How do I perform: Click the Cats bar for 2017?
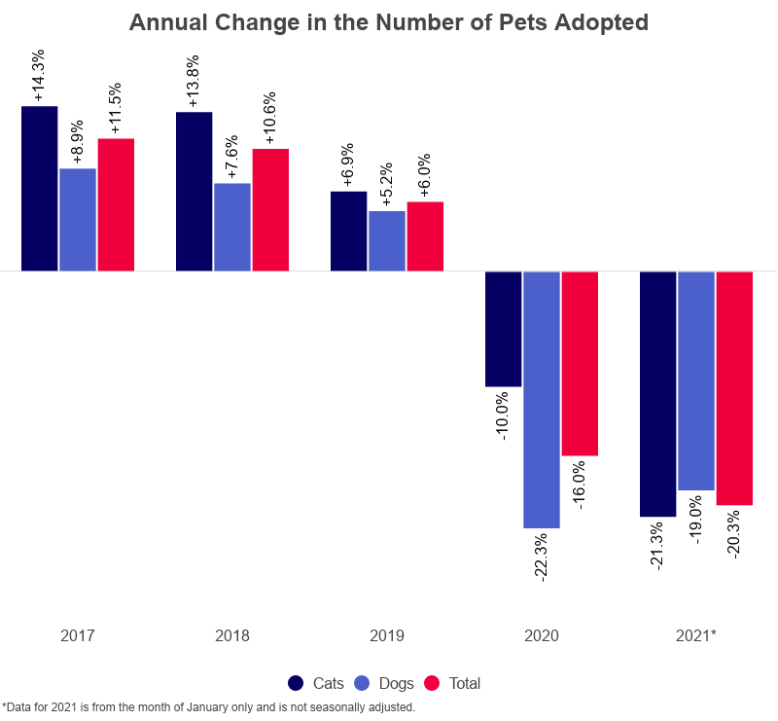39,188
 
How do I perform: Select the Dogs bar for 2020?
542,399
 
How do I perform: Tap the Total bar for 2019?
425,236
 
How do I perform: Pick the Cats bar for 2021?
657,393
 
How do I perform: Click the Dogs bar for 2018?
232,227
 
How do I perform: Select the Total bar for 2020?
580,363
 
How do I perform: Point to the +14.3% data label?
39,80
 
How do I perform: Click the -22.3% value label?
542,558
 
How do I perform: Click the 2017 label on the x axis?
78,636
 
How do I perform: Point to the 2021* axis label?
696,636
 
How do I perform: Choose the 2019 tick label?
387,636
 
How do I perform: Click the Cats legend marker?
297,683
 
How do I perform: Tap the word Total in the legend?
464,684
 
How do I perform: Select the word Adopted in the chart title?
599,22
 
